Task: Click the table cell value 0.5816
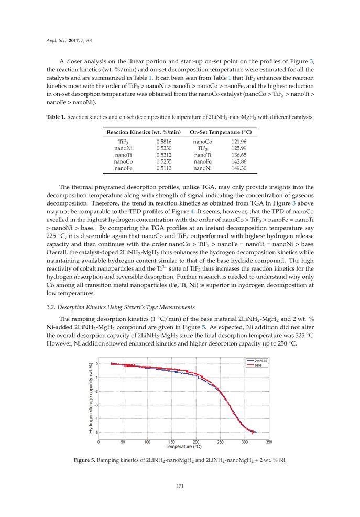coord(163,142)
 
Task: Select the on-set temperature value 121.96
coord(238,142)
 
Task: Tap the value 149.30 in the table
coord(238,168)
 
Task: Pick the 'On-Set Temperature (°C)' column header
coord(221,131)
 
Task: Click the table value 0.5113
coord(163,168)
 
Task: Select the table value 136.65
coord(238,155)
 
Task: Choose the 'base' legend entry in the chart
coord(258,365)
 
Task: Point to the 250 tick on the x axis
coord(220,442)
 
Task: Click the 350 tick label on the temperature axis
coord(269,442)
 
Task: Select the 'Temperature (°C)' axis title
coord(183,447)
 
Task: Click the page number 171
coord(180,486)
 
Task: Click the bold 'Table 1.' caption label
coord(55,117)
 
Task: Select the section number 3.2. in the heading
coord(51,307)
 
